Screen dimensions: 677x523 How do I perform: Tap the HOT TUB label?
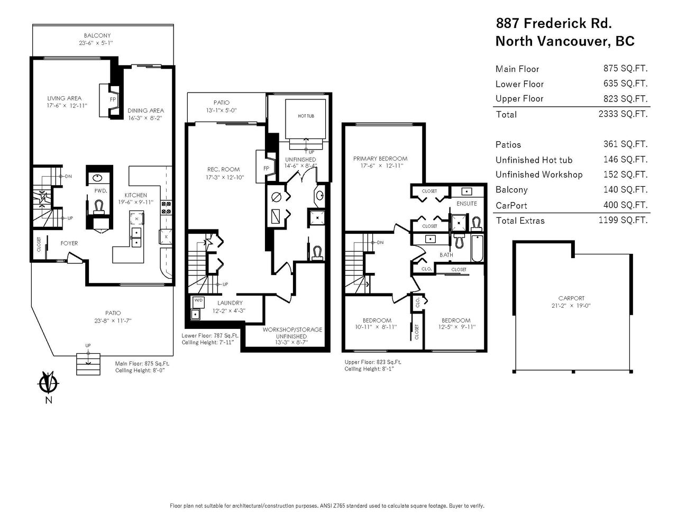[306, 116]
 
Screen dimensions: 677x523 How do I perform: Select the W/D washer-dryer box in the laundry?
[198, 302]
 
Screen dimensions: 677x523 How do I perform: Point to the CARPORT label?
[571, 298]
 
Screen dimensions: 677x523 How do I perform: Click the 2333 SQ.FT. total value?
[623, 114]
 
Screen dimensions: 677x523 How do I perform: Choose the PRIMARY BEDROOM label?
[380, 159]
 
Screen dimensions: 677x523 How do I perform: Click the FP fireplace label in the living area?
[113, 99]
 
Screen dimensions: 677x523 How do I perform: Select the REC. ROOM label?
[223, 169]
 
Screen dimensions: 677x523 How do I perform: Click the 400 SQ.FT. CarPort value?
[625, 205]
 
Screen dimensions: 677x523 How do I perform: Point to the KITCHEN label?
[135, 195]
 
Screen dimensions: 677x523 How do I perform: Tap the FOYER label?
[69, 243]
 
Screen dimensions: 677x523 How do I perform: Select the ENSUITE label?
[466, 204]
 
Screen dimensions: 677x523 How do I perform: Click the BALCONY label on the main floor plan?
[97, 35]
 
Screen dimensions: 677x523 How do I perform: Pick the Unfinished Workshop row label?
[539, 175]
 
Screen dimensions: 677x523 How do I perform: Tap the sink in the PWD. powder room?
[98, 178]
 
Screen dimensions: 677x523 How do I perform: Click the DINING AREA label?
[145, 111]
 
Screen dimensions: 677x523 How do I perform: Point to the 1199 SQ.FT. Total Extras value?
[623, 220]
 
